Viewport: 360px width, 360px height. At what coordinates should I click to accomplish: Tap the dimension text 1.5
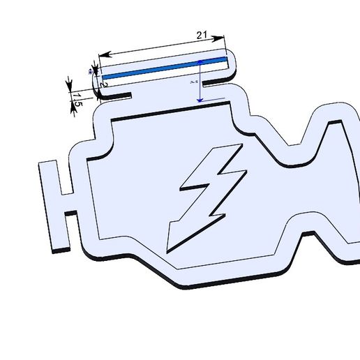[x=78, y=99]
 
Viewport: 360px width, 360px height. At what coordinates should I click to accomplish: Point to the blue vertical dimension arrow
[x=200, y=81]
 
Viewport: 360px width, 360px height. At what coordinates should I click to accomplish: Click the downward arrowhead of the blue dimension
[x=200, y=100]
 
